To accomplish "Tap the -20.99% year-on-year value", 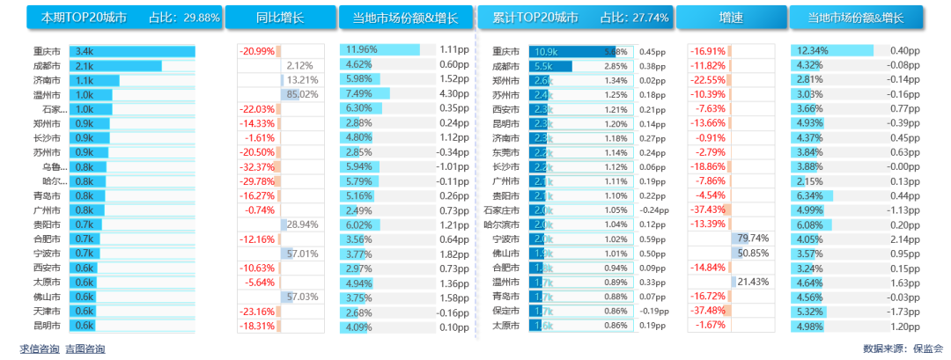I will tap(257, 52).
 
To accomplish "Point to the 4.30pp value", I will tap(453, 95).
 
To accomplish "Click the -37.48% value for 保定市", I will tap(707, 311).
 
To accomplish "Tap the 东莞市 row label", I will tap(505, 152).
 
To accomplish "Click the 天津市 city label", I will tap(47, 311).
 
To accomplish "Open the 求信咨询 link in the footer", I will tap(39, 349).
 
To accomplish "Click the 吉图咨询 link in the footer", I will tap(85, 349).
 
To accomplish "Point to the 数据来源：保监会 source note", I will tap(903, 349).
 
